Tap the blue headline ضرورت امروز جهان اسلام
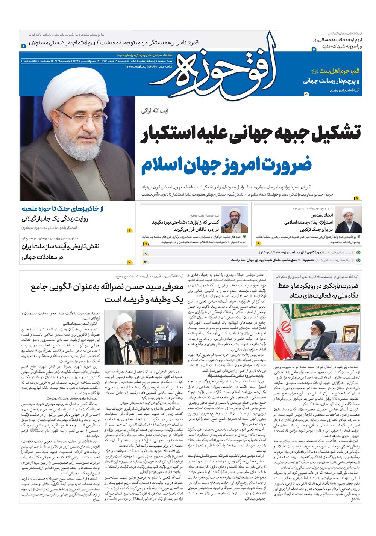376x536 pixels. pyautogui.click(x=226, y=165)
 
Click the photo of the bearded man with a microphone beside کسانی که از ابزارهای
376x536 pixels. pyautogui.click(x=234, y=220)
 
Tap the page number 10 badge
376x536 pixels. pyautogui.click(x=130, y=262)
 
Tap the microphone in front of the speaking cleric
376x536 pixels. pyautogui.click(x=136, y=339)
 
